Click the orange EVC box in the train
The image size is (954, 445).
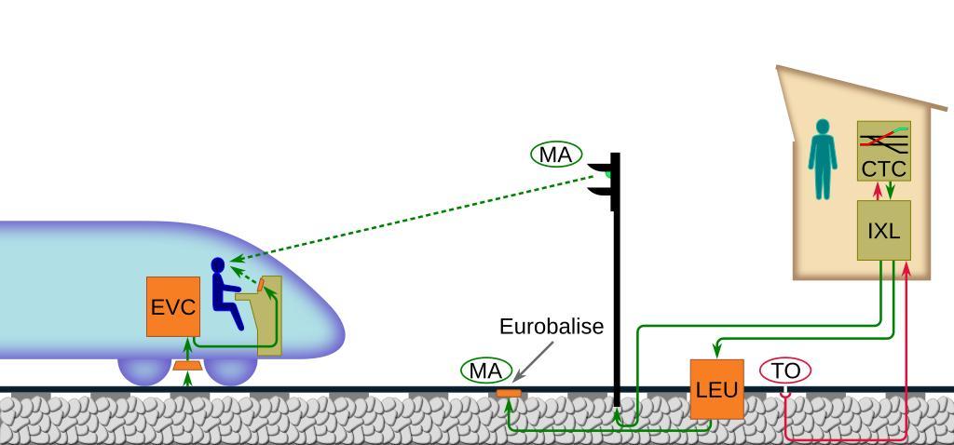pos(173,306)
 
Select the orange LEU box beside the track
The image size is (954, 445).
pos(716,389)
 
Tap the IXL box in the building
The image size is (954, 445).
pos(883,230)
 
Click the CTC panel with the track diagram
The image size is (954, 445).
pos(883,151)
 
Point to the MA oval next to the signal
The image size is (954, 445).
pos(556,155)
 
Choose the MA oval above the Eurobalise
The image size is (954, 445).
pos(486,371)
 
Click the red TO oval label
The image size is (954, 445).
pos(784,371)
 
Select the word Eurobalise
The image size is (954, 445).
pos(552,327)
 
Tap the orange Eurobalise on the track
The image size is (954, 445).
pos(509,393)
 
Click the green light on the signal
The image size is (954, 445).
pos(607,174)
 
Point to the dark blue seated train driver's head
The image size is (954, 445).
pos(218,265)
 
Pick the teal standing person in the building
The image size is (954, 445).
pos(823,159)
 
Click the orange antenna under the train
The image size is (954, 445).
pos(187,365)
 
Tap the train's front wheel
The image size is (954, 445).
pos(232,372)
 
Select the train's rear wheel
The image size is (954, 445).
pos(144,372)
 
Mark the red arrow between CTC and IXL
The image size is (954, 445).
pos(877,191)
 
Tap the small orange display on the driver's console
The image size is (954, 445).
pos(261,285)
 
